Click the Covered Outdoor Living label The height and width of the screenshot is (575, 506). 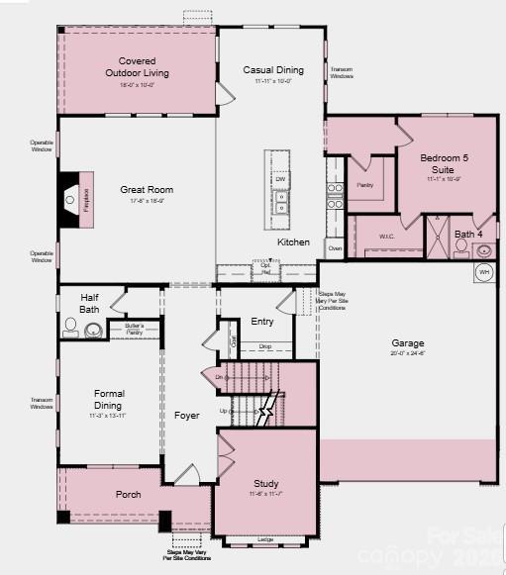click(137, 67)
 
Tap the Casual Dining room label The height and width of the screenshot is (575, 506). click(273, 70)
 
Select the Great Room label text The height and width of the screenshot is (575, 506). click(147, 190)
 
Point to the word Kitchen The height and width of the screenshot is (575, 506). click(293, 242)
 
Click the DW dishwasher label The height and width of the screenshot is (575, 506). click(280, 179)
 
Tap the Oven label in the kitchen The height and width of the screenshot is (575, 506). click(335, 247)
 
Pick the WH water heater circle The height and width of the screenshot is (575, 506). click(484, 271)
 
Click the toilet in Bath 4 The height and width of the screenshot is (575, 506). click(461, 247)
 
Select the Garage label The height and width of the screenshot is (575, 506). click(407, 344)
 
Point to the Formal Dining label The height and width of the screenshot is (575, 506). click(108, 400)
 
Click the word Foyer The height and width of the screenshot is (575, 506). click(187, 416)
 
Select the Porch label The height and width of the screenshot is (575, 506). click(128, 494)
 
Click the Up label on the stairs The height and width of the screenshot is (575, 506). click(224, 410)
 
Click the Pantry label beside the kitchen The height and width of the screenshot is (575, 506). click(364, 185)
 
